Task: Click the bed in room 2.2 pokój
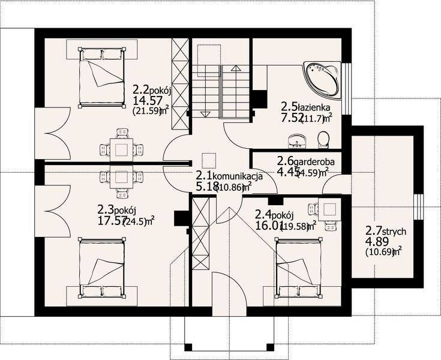point(103,79)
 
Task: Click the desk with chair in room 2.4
point(328,211)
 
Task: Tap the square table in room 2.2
point(122,148)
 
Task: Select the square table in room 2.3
point(122,177)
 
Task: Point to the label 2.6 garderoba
point(305,161)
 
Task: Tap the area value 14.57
point(146,100)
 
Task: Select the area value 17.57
point(111,221)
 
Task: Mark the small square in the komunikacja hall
point(208,160)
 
